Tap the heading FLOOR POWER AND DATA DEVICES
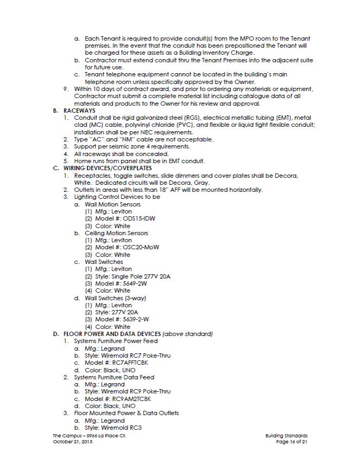[112, 334]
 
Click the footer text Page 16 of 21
[291, 442]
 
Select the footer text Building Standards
[286, 436]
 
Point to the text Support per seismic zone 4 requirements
[132, 146]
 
